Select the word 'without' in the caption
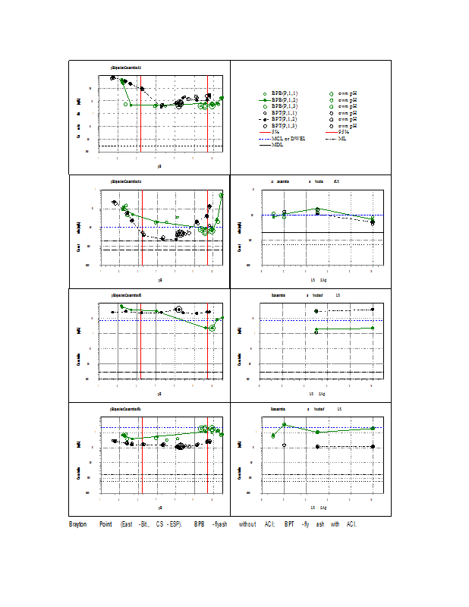(247, 524)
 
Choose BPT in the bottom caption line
(288, 524)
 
